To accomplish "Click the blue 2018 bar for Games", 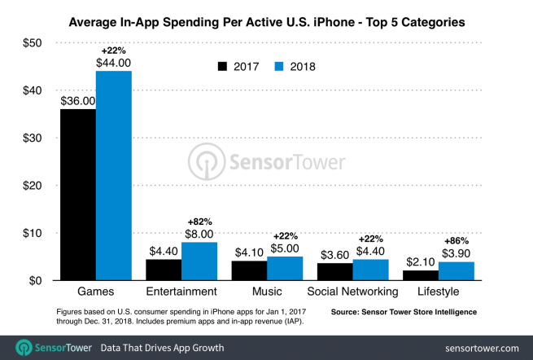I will click(113, 175).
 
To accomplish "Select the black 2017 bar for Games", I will click(77, 195).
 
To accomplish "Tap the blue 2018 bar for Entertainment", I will click(199, 261).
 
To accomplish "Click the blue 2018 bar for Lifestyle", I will click(457, 271).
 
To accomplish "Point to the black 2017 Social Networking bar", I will click(334, 272).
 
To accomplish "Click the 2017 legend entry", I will click(239, 66).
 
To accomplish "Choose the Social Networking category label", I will click(352, 292).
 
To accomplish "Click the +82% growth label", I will click(200, 222).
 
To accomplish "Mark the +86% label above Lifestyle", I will click(457, 241).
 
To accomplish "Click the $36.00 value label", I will click(77, 101).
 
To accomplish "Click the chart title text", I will click(266, 20).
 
